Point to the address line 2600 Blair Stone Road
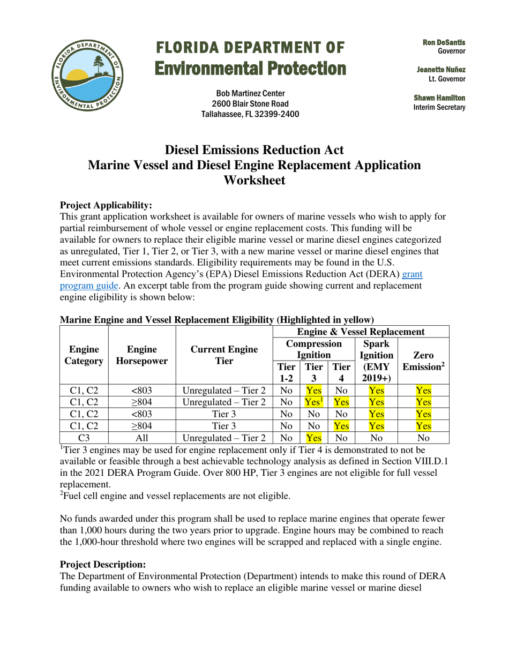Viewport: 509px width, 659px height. coord(250,103)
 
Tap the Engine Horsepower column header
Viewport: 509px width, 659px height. coord(142,354)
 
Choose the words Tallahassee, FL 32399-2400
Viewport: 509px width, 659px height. coord(250,114)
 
